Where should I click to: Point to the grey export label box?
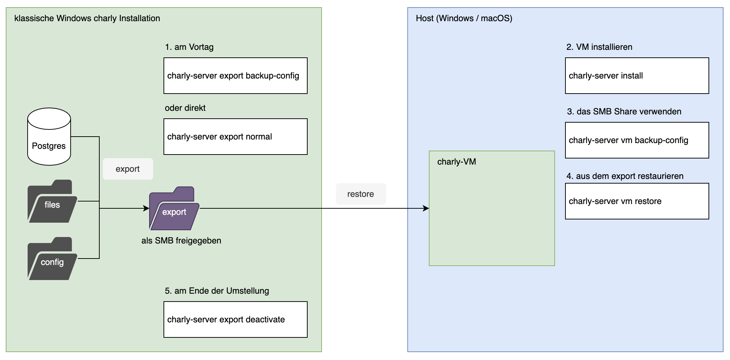pos(128,169)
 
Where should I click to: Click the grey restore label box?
pos(361,194)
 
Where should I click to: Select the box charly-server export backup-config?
pos(235,76)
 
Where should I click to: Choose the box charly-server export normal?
pos(235,137)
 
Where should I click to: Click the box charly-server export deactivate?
pos(235,319)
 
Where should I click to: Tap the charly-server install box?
pos(637,76)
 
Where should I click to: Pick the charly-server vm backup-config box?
pos(637,140)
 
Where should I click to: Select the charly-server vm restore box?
pos(637,201)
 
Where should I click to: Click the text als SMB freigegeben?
pos(181,241)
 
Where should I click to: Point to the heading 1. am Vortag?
pos(189,47)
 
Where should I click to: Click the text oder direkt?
pos(185,108)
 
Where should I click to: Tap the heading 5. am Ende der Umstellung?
pos(217,291)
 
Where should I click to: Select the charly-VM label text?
pos(456,162)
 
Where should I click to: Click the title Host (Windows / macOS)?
pos(464,18)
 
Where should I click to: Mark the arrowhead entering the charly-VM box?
pos(426,208)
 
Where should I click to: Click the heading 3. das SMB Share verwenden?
pos(624,112)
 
